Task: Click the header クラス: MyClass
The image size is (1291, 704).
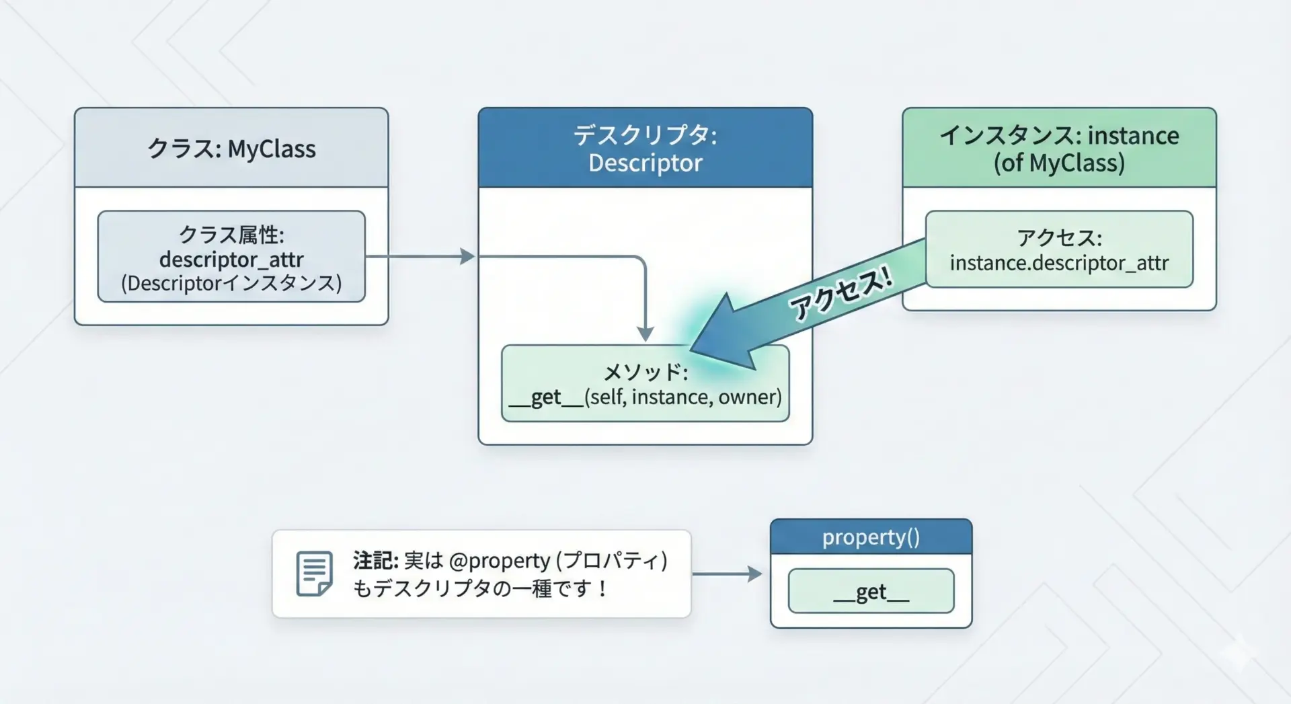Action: click(231, 148)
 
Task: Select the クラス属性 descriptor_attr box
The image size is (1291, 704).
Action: click(231, 257)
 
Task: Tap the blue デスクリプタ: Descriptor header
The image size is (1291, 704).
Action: click(645, 148)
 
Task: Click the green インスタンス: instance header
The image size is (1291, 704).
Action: click(1059, 148)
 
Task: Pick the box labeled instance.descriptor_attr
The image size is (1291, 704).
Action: click(1059, 249)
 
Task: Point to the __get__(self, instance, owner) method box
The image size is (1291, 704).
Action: click(645, 384)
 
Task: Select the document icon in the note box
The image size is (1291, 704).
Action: click(314, 574)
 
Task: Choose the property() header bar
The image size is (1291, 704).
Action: click(871, 537)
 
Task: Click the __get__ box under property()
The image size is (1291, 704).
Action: click(871, 591)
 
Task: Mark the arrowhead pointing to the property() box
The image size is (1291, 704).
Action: click(755, 574)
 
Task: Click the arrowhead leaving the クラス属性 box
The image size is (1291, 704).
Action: click(467, 256)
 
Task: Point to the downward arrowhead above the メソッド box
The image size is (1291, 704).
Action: click(645, 334)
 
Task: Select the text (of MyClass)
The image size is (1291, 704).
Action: click(1059, 163)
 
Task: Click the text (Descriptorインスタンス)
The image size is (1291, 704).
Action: click(231, 283)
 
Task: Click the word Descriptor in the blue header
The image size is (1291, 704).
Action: click(645, 163)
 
